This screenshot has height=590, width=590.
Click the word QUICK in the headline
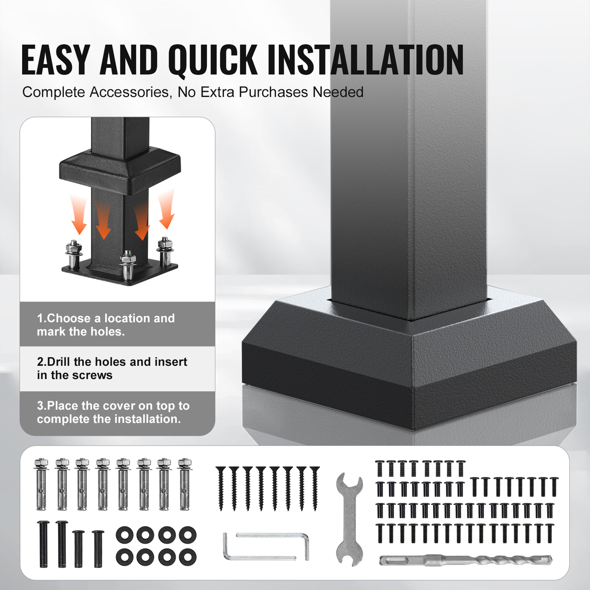pyautogui.click(x=213, y=60)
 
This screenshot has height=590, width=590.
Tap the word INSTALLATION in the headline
pyautogui.click(x=366, y=60)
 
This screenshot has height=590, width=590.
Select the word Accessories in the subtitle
pyautogui.click(x=129, y=92)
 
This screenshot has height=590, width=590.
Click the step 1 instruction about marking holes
pyautogui.click(x=106, y=325)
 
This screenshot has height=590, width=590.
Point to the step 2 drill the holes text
pyautogui.click(x=112, y=368)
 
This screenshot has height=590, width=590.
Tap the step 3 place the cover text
pyautogui.click(x=113, y=412)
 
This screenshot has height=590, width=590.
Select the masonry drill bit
pyautogui.click(x=466, y=560)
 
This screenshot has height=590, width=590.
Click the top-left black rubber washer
pyautogui.click(x=124, y=535)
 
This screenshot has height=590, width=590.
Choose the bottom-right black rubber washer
pyautogui.click(x=188, y=557)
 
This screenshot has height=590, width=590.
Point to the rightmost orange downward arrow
pyautogui.click(x=167, y=210)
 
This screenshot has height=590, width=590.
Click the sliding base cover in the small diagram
pyautogui.click(x=119, y=172)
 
